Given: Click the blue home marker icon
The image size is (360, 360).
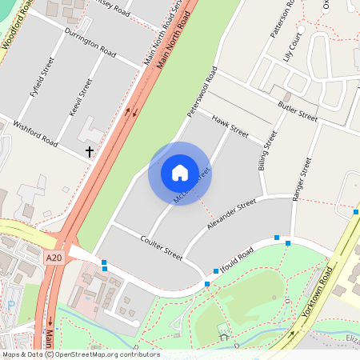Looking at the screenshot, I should (x=180, y=173).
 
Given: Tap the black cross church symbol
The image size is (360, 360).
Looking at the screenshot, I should (x=90, y=150).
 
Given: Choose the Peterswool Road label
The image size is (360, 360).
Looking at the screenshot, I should (x=202, y=92).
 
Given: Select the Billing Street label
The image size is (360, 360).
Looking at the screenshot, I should (x=266, y=151).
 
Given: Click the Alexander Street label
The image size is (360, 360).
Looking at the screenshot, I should (x=230, y=216).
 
